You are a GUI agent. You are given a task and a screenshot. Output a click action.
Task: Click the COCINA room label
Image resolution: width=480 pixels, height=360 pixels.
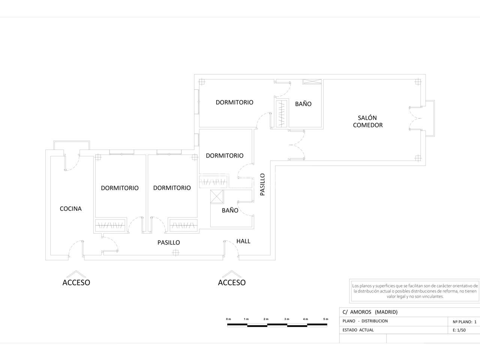[70, 209]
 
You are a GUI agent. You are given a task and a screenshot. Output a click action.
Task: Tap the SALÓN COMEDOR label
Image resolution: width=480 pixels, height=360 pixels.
[368, 121]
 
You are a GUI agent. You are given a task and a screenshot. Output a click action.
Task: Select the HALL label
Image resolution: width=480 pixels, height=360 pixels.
[243, 241]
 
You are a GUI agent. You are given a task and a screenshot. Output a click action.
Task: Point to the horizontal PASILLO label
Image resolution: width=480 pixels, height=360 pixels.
[169, 242]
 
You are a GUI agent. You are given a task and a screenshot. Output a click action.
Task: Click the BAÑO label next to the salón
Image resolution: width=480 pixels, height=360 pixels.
[303, 104]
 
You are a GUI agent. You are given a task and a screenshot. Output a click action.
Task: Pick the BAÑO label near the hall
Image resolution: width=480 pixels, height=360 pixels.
[230, 210]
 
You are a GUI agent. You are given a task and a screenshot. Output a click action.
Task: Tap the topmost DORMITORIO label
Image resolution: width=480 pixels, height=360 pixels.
[234, 102]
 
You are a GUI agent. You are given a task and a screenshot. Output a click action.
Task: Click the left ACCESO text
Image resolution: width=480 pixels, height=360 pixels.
[76, 282]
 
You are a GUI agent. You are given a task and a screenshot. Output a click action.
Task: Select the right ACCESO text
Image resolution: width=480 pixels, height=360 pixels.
[232, 282]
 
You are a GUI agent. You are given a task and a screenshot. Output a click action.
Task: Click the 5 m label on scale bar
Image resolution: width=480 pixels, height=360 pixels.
[325, 319]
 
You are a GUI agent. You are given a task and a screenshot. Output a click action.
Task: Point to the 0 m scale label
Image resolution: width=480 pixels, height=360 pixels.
[228, 319]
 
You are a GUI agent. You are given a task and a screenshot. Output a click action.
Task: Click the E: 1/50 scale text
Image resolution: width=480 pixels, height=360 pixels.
[459, 330]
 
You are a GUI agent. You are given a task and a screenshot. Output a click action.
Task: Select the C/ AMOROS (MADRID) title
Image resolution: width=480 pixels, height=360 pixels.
[370, 312]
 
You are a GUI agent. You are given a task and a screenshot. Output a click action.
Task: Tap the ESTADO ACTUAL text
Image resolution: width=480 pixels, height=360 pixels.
[358, 330]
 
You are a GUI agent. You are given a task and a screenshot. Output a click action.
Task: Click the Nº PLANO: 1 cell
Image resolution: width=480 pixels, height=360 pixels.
[465, 322]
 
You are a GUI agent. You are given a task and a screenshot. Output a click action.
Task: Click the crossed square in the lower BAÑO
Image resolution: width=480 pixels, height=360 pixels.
[217, 197]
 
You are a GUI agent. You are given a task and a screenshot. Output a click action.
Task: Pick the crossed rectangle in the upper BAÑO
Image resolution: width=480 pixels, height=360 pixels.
[312, 81]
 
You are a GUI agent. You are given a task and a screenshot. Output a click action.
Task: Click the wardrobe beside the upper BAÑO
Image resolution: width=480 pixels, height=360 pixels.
[281, 114]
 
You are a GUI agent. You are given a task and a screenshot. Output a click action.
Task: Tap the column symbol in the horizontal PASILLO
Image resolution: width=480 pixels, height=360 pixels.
[175, 253]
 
